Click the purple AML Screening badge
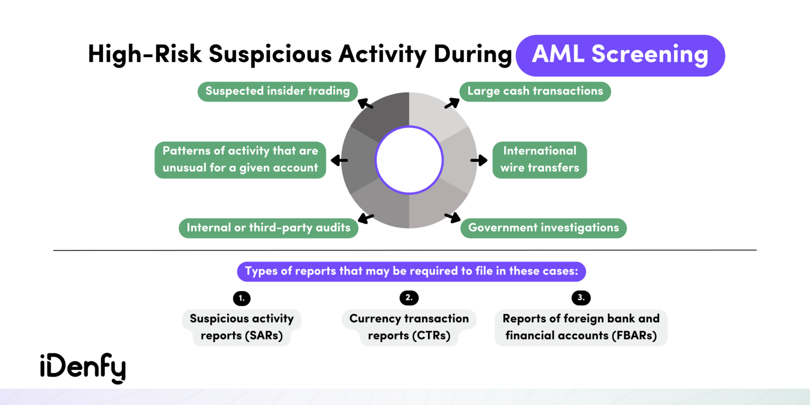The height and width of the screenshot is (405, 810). pyautogui.click(x=620, y=55)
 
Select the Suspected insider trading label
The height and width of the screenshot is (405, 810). pyautogui.click(x=277, y=91)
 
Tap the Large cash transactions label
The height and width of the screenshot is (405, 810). pyautogui.click(x=535, y=91)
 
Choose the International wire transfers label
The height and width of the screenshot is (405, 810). pyautogui.click(x=539, y=159)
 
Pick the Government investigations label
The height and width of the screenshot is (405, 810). pyautogui.click(x=543, y=228)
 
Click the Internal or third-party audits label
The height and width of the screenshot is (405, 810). pyautogui.click(x=268, y=228)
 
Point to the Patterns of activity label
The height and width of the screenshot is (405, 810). pyautogui.click(x=240, y=159)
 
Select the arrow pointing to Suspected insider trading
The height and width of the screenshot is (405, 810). pyautogui.click(x=365, y=103)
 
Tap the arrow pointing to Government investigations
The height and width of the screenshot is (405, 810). pyautogui.click(x=452, y=216)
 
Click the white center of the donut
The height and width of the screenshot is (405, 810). pyautogui.click(x=409, y=160)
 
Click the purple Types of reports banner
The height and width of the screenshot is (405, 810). pyautogui.click(x=411, y=272)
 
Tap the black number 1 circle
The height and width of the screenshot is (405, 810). pyautogui.click(x=242, y=298)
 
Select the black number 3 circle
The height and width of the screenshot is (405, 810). pyautogui.click(x=581, y=298)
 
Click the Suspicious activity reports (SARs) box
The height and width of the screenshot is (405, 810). pyautogui.click(x=242, y=327)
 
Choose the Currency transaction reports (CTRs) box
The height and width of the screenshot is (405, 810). pyautogui.click(x=409, y=327)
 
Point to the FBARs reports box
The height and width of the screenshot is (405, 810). pyautogui.click(x=581, y=327)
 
